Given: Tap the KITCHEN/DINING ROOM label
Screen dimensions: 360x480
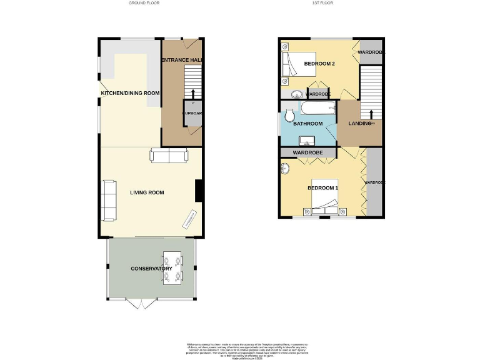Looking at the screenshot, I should point(130,93).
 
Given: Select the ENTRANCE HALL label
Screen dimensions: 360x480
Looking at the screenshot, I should point(182,60).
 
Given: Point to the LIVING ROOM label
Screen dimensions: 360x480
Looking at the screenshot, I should point(147,192).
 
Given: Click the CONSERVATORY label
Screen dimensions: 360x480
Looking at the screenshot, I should point(151,269).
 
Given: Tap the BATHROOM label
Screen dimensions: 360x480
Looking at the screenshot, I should point(308,124).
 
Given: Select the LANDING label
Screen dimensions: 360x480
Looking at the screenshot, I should point(359,124).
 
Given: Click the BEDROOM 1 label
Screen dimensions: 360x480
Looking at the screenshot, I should point(323,188).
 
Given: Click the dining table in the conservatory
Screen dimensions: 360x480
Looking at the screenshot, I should point(172,267).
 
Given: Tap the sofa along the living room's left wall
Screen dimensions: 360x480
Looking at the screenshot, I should point(109,201).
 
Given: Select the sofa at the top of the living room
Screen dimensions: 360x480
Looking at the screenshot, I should point(167,156).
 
